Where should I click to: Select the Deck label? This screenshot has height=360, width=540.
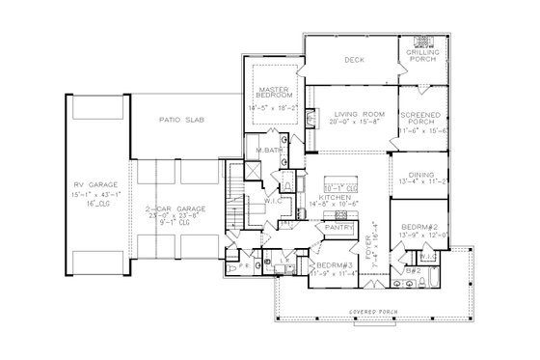[x=352, y=59]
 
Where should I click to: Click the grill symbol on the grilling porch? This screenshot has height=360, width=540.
[x=420, y=42]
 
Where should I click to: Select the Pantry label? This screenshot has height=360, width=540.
[x=339, y=228]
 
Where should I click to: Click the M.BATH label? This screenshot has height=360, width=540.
[x=269, y=150]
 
